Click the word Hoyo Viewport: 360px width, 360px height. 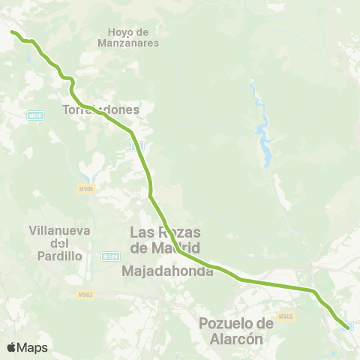[119, 32]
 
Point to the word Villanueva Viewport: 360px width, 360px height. [58, 231]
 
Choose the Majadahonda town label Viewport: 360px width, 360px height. [167, 271]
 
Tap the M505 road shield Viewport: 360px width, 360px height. [85, 190]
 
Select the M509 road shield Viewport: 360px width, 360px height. [110, 256]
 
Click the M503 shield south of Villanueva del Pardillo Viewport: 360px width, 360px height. [85, 295]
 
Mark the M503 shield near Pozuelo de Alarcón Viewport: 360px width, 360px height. [285, 316]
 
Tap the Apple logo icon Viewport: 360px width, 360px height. [11, 347]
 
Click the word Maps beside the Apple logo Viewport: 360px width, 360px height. [32, 347]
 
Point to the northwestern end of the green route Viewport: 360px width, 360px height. [12, 31]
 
